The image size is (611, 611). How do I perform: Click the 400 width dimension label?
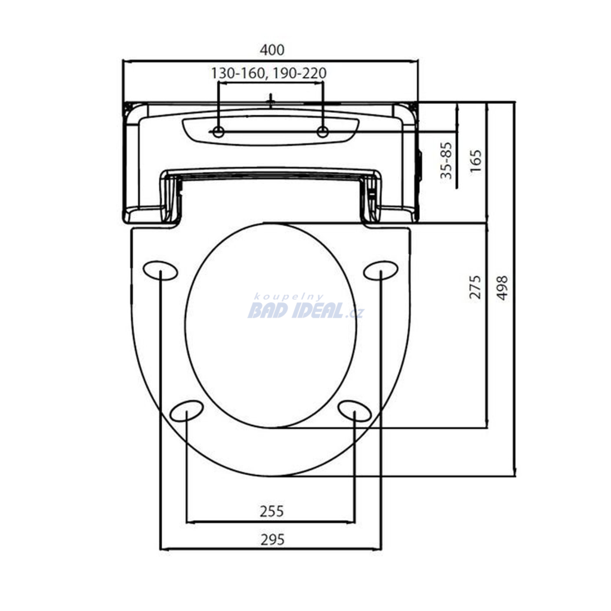(272, 50)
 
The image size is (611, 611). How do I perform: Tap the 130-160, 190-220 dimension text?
(269, 73)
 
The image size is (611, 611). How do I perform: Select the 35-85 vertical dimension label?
(446, 161)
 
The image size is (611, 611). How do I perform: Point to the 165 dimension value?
(476, 161)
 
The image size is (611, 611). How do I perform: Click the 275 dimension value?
(475, 287)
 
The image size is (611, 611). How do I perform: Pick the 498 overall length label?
(502, 288)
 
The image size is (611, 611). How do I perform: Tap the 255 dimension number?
(272, 511)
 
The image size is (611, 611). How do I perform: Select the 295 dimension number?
(272, 539)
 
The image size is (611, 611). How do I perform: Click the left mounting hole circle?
(218, 132)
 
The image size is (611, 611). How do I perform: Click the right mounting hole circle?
(323, 132)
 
